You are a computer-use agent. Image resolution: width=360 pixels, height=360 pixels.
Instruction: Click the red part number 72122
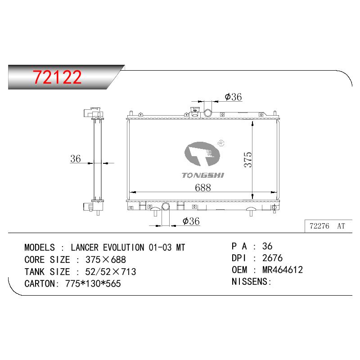point(57,77)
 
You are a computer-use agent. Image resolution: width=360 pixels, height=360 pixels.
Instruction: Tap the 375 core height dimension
point(248,160)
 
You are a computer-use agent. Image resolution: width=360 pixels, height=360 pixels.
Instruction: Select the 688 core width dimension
point(203,188)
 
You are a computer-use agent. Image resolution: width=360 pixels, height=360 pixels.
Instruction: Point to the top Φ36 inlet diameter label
point(233,97)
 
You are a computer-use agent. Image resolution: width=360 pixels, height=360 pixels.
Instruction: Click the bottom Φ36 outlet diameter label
point(191,221)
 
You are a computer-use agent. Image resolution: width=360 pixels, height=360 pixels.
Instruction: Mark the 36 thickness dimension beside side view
point(76,159)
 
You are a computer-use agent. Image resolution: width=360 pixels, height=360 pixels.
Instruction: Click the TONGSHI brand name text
point(203,175)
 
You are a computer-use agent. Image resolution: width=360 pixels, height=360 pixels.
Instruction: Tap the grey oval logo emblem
point(202,153)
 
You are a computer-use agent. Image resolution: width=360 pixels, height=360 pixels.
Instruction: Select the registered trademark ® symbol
point(220,143)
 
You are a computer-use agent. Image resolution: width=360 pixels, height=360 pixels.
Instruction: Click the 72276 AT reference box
point(328,226)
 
